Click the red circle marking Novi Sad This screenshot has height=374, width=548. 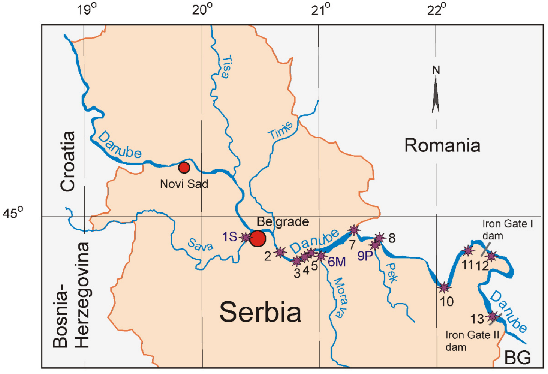tap(184, 168)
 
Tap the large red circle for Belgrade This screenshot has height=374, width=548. tap(258, 238)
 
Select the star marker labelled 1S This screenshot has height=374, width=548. tap(246, 237)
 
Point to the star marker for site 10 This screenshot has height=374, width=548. tap(444, 287)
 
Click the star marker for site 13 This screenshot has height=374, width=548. tap(493, 317)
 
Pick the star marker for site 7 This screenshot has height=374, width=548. tap(353, 230)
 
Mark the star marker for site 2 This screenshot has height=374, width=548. tap(280, 252)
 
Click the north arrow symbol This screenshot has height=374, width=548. tap(436, 94)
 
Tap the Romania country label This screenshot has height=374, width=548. tap(442, 145)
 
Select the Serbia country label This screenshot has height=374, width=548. tap(260, 312)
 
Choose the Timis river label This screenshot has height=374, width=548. tap(280, 130)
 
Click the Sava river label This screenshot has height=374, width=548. tap(201, 245)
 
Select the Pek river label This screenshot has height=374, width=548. tap(392, 272)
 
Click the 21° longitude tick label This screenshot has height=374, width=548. tap(320, 9)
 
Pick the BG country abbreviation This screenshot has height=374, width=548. tap(517, 358)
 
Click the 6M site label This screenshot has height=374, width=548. tap(337, 262)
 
